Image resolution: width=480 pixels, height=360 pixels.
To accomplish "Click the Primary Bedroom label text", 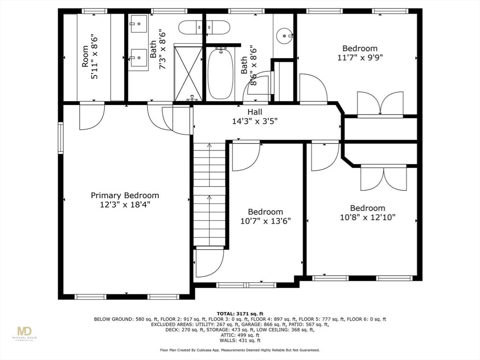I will click(125, 195).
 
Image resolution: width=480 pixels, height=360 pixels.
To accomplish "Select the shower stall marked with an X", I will click(187, 72).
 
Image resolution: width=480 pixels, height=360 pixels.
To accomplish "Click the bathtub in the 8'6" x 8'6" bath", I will click(220, 75).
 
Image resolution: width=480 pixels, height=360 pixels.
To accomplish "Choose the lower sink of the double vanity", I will click(139, 59).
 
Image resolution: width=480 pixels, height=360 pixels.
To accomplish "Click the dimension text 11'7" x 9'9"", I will click(360, 58).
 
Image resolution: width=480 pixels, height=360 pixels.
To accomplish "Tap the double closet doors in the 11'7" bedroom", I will click(380, 104).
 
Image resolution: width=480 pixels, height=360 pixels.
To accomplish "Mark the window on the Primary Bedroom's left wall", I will click(60, 137).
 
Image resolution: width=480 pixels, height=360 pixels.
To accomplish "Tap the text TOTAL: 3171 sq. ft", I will click(240, 313).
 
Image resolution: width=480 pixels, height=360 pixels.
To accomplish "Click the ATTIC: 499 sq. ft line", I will click(240, 335).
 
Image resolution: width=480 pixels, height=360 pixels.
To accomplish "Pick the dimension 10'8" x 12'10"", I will click(367, 217).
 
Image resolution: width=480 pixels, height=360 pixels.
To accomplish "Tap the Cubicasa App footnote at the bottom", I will click(240, 350).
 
